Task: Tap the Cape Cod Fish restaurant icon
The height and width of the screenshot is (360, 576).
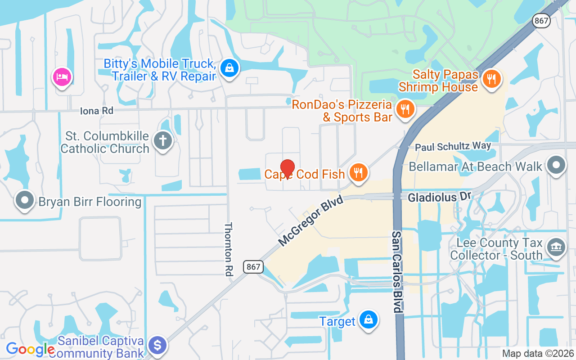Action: pos(358,172)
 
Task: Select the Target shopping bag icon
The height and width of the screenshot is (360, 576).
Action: pos(369,320)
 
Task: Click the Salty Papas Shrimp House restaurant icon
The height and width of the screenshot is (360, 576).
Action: pos(491,79)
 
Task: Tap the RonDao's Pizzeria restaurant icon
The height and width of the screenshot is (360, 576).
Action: pos(405,108)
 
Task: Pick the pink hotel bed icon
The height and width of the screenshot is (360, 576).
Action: pos(62,77)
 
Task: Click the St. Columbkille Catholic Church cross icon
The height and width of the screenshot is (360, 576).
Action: pos(163,140)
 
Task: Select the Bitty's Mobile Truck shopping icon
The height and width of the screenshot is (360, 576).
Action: pos(230,68)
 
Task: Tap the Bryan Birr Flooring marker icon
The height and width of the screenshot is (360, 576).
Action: pos(25,200)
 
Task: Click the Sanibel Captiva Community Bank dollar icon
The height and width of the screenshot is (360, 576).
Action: pos(157,345)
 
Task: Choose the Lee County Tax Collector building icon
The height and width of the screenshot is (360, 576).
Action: pos(556,247)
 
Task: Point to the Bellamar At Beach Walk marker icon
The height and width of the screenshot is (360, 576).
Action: pos(556,165)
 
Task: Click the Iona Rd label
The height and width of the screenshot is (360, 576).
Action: pos(96,111)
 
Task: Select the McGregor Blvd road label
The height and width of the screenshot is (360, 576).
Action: pos(310,221)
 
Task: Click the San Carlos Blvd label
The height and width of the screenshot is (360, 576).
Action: pos(396,272)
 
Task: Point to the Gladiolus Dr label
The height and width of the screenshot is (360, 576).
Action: pos(439,197)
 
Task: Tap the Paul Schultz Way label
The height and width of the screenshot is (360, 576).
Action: pos(453,147)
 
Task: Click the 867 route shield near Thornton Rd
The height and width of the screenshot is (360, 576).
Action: pos(253,266)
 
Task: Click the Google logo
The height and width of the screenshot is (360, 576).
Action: pos(30,349)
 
